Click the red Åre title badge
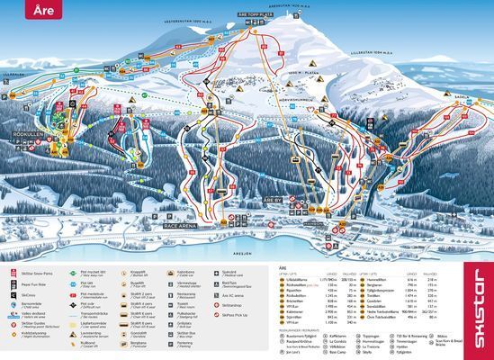click(26, 12)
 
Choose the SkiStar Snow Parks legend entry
click(36, 271)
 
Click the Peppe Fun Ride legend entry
click(34, 282)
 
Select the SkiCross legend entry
click(29, 293)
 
